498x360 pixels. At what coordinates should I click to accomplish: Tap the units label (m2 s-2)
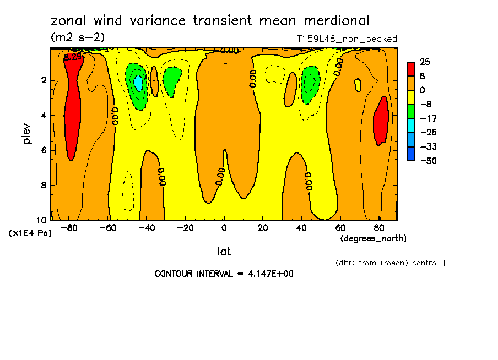click(x=78, y=37)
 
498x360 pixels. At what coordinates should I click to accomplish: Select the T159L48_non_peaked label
click(x=347, y=39)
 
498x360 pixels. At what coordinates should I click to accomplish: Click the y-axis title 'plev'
click(x=27, y=134)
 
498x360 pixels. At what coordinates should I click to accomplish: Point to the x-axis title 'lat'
click(x=224, y=252)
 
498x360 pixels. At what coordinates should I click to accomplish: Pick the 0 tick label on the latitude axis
click(x=224, y=227)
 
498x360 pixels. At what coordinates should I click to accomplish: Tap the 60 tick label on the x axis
click(x=340, y=227)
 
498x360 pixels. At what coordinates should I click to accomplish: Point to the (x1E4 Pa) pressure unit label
click(x=31, y=233)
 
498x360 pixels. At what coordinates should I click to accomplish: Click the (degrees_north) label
click(x=373, y=238)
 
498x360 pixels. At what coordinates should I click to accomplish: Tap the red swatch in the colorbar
click(x=411, y=69)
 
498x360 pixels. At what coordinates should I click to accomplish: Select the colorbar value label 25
click(x=425, y=62)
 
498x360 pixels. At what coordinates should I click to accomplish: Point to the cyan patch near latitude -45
click(x=138, y=84)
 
